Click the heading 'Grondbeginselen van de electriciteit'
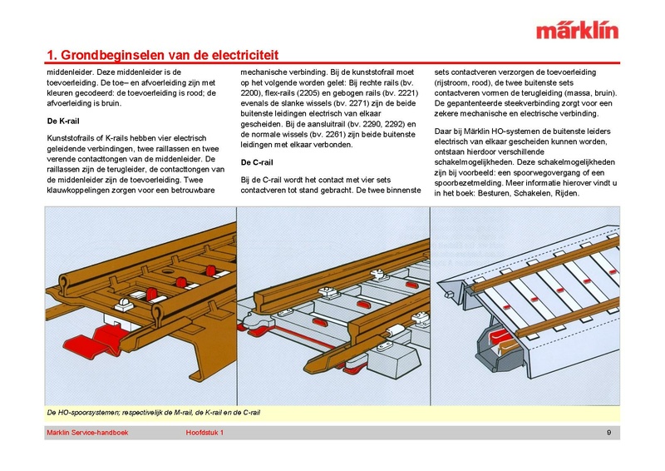point(166,57)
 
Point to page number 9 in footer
point(609,433)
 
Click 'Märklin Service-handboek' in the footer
point(86,433)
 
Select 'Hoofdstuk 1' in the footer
point(204,433)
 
